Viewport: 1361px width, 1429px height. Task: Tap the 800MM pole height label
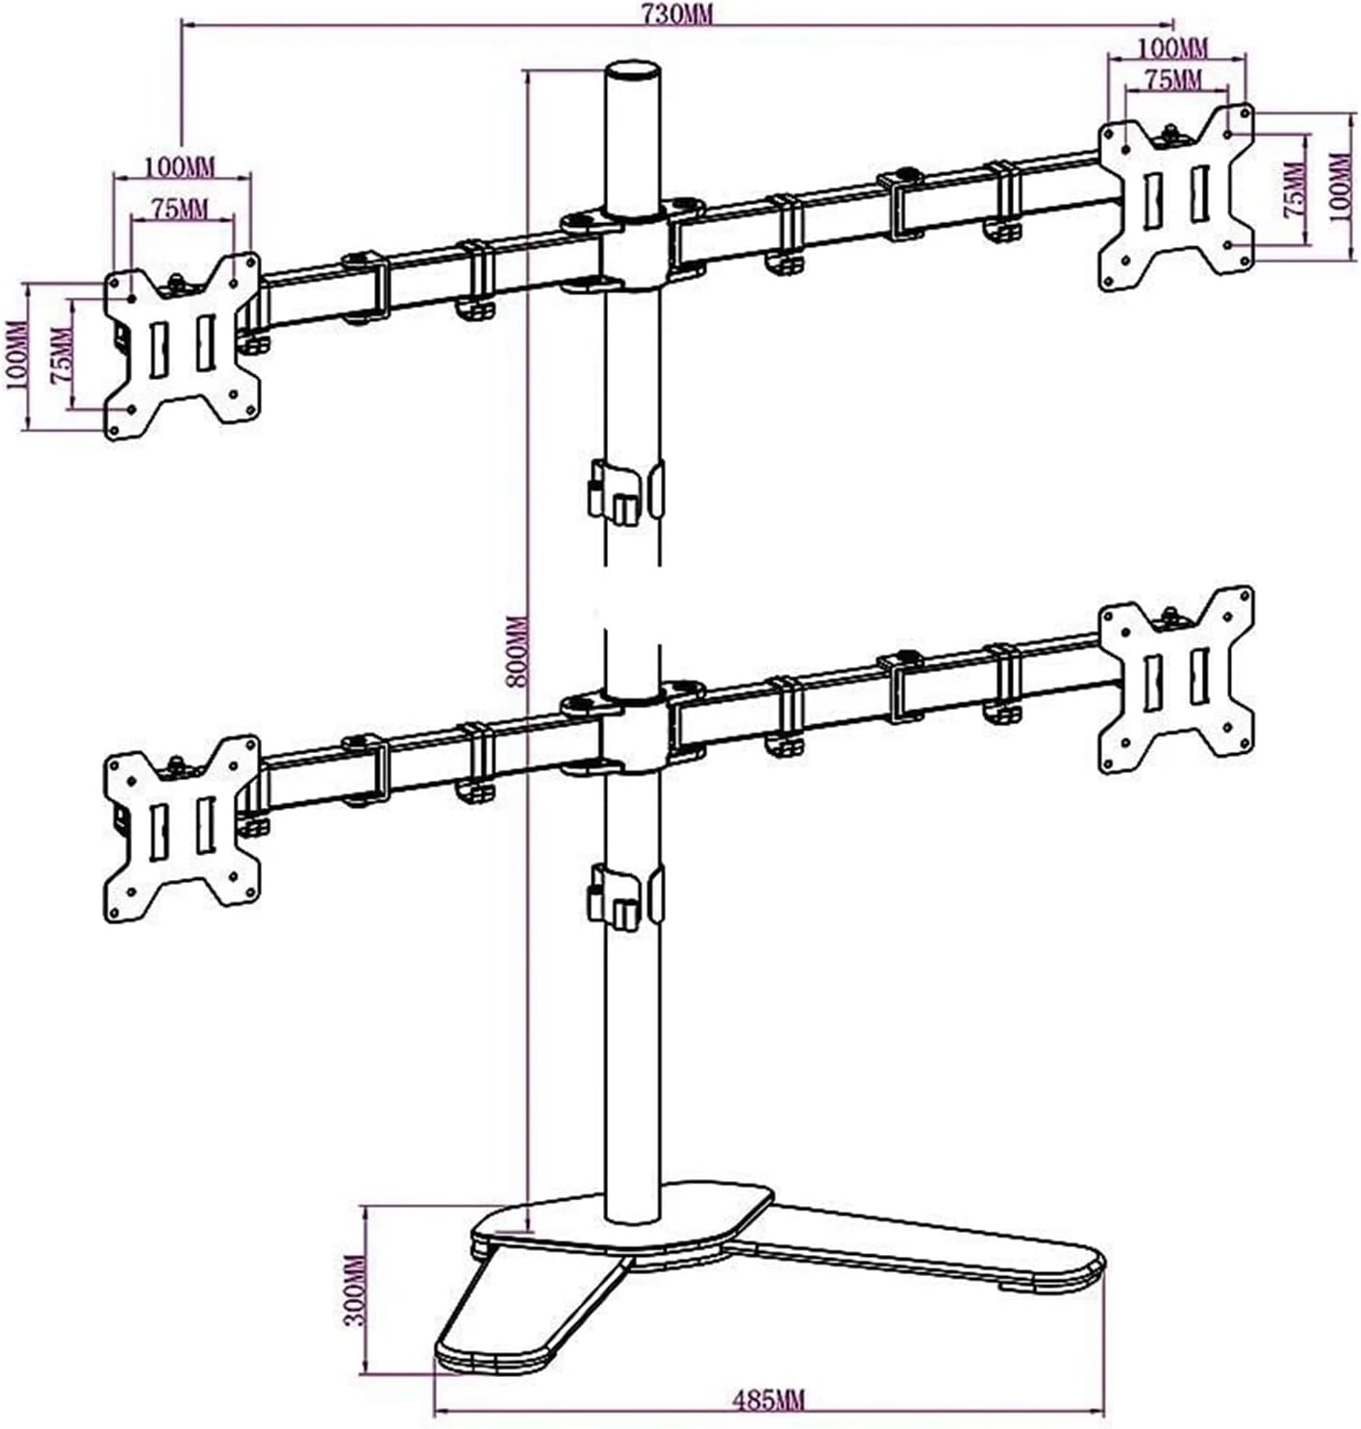[517, 651]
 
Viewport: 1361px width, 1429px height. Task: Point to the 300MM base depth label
[356, 1290]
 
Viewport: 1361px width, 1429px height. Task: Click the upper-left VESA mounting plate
[183, 346]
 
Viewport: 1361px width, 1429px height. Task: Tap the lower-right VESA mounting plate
[1176, 679]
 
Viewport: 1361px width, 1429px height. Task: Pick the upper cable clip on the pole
[624, 492]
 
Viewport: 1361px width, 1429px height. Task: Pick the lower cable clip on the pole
[624, 896]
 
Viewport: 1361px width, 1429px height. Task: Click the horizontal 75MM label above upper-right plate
[1172, 80]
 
